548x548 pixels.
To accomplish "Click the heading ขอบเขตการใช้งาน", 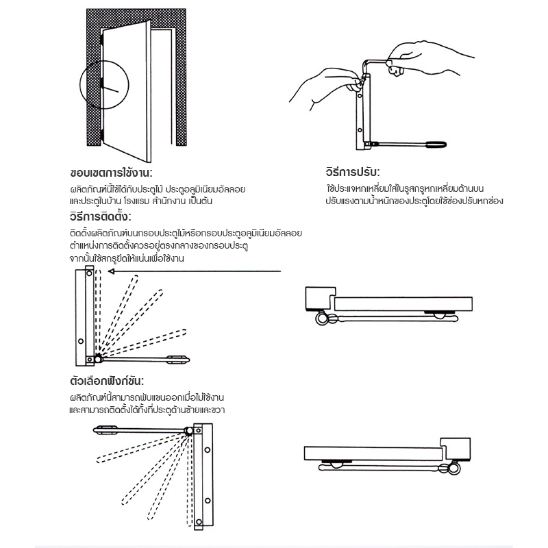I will pos(111,172).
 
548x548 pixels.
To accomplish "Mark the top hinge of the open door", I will pos(101,40).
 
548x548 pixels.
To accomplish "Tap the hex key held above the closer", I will pos(373,63).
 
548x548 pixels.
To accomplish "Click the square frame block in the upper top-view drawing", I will pos(317,297).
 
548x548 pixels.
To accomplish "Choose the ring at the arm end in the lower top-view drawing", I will pos(454,469).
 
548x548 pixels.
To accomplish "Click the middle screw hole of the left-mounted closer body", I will pos(80,340).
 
